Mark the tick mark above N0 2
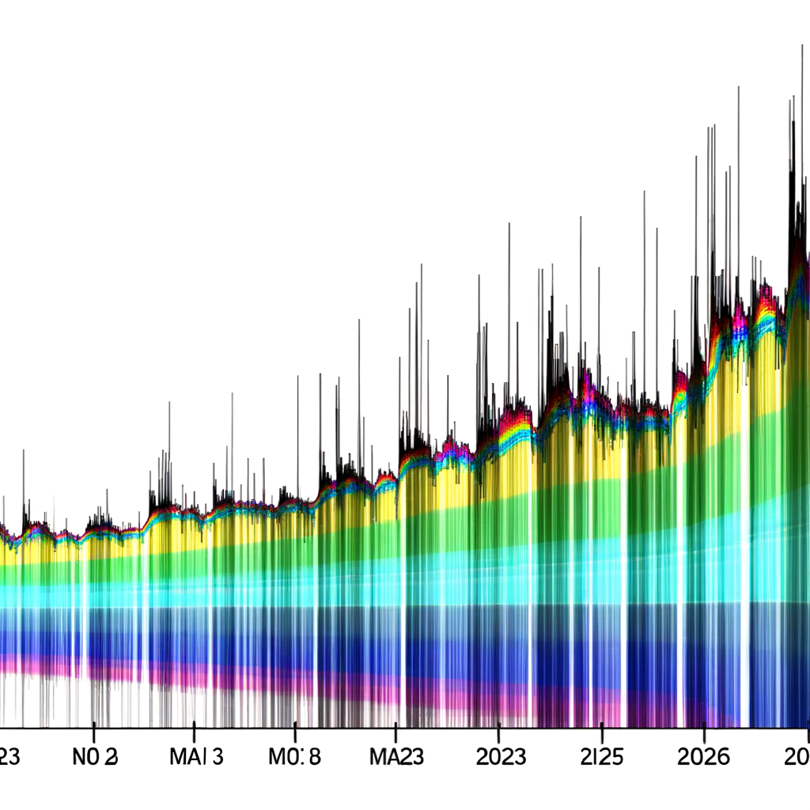click(94, 731)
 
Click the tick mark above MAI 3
click(195, 731)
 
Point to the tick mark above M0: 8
click(295, 731)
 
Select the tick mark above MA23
click(396, 731)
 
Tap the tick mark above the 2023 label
click(498, 731)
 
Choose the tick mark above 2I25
click(601, 731)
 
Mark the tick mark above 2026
click(704, 731)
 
